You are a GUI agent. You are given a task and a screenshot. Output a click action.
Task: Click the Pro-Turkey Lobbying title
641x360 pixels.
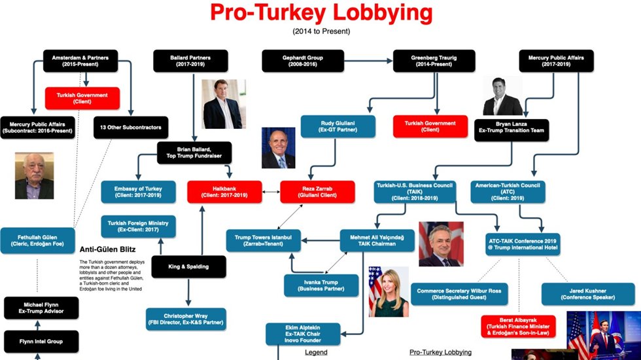[320, 12]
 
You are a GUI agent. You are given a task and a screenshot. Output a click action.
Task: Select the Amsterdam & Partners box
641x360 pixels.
[80, 61]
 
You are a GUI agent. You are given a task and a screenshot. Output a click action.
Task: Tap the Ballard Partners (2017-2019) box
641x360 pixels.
[190, 61]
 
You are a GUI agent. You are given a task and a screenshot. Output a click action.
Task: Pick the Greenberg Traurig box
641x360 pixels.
[430, 61]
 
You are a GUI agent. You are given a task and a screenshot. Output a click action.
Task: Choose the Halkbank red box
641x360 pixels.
[224, 192]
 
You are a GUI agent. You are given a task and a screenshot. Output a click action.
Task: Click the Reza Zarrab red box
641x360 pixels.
[317, 192]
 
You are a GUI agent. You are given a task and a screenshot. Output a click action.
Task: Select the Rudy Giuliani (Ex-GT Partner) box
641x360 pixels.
[338, 126]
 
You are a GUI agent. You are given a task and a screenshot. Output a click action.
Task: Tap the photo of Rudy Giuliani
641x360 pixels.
[278, 148]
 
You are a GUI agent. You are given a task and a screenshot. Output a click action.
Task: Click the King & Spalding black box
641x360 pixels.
[189, 266]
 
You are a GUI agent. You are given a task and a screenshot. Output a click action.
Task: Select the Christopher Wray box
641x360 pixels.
[186, 318]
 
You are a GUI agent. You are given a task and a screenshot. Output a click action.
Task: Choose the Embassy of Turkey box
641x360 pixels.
[139, 192]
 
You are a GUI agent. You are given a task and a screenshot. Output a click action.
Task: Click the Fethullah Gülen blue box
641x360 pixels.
[37, 240]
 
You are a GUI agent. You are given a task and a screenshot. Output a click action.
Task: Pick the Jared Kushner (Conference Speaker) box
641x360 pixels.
[587, 293]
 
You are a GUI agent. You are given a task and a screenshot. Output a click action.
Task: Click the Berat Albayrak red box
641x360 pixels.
[518, 326]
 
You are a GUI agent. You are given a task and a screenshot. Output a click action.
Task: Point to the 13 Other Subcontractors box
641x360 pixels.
[131, 126]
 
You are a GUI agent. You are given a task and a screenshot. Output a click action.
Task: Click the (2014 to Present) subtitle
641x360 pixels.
[320, 31]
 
